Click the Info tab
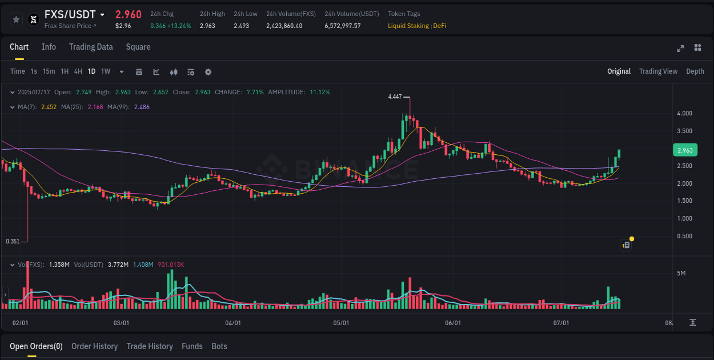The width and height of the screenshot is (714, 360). [x=49, y=47]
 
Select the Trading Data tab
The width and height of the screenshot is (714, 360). [x=91, y=47]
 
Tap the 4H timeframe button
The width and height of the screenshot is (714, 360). [x=78, y=71]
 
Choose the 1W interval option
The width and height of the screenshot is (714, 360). [x=106, y=71]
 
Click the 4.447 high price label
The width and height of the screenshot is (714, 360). [x=395, y=97]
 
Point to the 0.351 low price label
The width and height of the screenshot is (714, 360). [x=13, y=241]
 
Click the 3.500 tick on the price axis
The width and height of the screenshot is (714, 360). [x=684, y=131]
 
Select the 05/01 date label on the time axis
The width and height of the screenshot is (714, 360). [x=341, y=323]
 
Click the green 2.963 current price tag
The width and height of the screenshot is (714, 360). [x=685, y=150]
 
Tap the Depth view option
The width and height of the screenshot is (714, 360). [x=695, y=71]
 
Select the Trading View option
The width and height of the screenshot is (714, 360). [x=658, y=71]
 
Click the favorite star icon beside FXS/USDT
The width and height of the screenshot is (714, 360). [x=16, y=19]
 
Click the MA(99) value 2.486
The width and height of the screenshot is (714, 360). [x=142, y=107]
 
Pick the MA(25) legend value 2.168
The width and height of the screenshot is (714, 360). [x=95, y=107]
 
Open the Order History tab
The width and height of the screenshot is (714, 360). [x=94, y=346]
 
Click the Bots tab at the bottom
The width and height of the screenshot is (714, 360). [x=219, y=346]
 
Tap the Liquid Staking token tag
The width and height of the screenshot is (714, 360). [x=408, y=26]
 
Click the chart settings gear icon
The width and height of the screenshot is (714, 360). [x=208, y=72]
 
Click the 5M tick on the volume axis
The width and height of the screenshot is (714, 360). [x=681, y=273]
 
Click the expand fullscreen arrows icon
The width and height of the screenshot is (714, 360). [x=680, y=48]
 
